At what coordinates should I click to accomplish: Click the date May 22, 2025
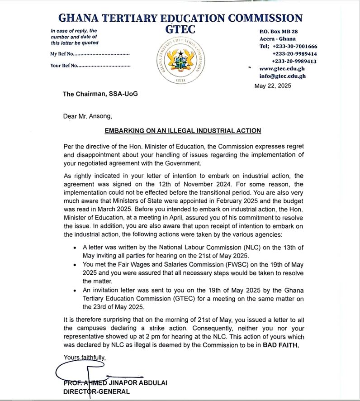tap(273, 86)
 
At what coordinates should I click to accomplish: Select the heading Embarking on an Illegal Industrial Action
tap(183, 131)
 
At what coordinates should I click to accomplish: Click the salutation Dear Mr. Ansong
tap(88, 116)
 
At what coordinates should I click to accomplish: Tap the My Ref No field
tap(90, 54)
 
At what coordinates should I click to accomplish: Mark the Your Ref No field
tap(90, 66)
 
